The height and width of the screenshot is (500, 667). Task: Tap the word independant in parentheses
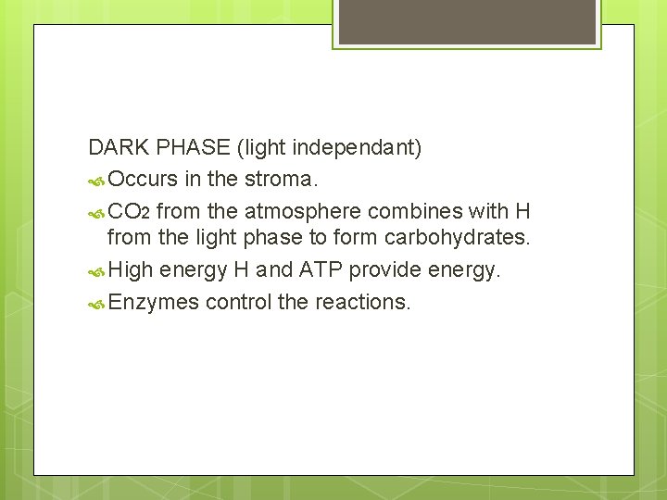[x=357, y=147]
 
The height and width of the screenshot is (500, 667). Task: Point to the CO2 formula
[x=130, y=211]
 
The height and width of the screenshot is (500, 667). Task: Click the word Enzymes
[x=154, y=302]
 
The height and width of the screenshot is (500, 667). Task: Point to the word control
[x=243, y=302]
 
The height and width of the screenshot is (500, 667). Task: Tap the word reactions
[x=362, y=302]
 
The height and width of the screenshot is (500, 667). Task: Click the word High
[x=130, y=271]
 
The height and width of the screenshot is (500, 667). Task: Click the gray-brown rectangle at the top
[x=466, y=21]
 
